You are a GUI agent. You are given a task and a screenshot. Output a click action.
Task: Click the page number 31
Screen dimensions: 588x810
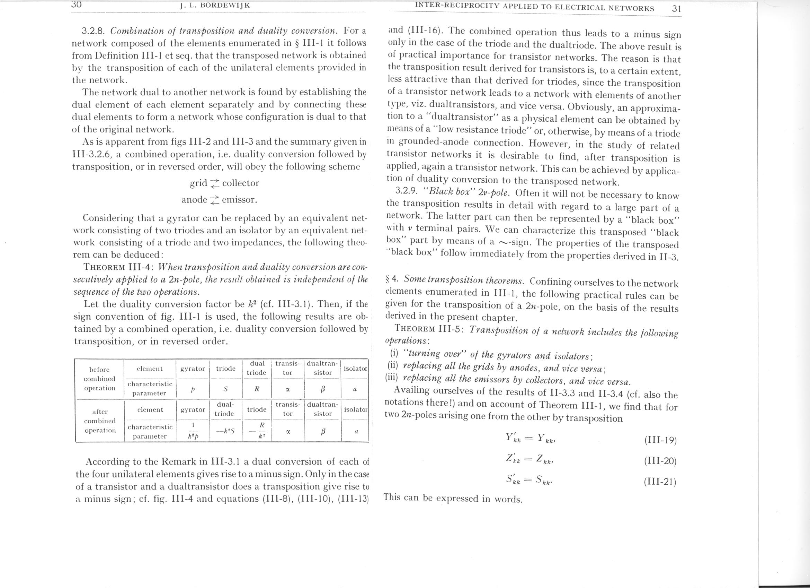pyautogui.click(x=676, y=9)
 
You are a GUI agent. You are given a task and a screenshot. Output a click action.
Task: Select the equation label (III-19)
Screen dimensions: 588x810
pyautogui.click(x=660, y=440)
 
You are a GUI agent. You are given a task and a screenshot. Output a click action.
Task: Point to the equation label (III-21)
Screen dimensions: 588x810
pyautogui.click(x=660, y=482)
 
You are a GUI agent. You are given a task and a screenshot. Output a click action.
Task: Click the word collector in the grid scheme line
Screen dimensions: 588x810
pyautogui.click(x=240, y=183)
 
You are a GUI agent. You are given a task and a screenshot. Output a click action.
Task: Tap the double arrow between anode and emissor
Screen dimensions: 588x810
pyautogui.click(x=214, y=200)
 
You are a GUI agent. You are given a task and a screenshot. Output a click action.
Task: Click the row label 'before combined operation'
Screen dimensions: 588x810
pyautogui.click(x=100, y=379)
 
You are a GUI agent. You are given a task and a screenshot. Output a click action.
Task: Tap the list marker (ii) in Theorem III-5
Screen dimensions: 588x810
pyautogui.click(x=393, y=366)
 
